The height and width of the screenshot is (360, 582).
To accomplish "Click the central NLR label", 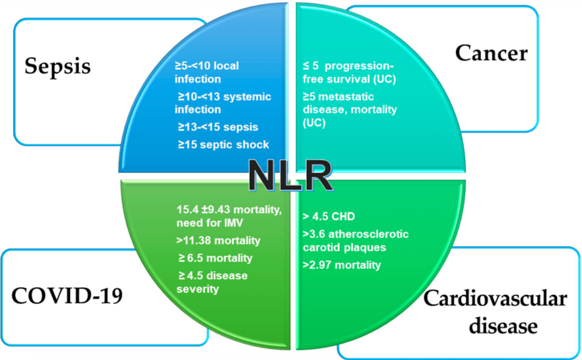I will click(290, 176).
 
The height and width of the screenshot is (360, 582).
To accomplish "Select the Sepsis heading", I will click(57, 66).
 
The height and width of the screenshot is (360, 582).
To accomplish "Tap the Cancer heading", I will click(491, 53).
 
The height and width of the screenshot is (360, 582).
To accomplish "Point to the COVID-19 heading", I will click(67, 296).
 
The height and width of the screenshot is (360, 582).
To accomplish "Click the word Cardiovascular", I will click(495, 299).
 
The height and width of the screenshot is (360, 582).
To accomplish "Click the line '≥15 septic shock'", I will click(223, 145).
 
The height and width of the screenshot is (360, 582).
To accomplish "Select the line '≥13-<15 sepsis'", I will click(218, 127).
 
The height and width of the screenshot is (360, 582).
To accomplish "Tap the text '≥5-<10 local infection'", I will click(206, 72).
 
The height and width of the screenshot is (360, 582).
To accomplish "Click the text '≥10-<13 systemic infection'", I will click(223, 103).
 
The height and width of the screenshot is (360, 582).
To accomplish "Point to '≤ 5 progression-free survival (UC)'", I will click(348, 72).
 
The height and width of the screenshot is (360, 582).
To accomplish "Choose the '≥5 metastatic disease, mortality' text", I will click(350, 109).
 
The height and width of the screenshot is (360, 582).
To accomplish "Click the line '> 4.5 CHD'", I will click(329, 217).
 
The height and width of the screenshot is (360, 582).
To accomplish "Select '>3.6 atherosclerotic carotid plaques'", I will click(355, 240).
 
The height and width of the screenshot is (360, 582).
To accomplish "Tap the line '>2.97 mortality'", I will click(342, 265).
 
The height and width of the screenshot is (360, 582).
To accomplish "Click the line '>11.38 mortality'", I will click(218, 240).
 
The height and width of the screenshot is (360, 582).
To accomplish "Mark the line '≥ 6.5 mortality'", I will click(214, 258).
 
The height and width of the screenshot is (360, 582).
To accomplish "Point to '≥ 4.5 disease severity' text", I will click(211, 282).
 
